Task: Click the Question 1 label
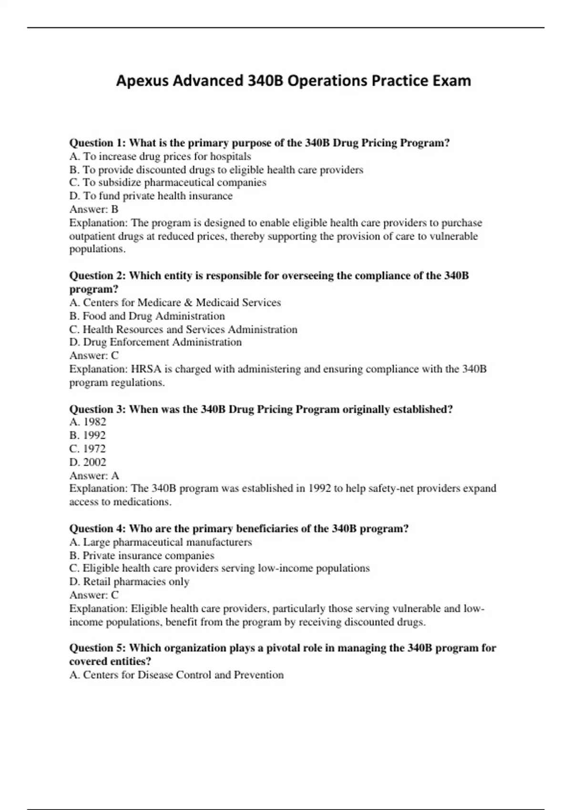pos(98,143)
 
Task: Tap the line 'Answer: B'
pos(94,209)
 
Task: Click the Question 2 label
pos(98,275)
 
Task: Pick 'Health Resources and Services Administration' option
pos(183,329)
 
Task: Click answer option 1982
pos(88,422)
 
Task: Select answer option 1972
pos(88,448)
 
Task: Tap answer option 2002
pos(88,462)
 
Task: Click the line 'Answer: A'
pos(94,475)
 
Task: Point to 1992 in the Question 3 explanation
pos(319,488)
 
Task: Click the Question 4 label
pos(98,528)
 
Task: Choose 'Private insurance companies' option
pos(142,555)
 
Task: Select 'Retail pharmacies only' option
pos(129,582)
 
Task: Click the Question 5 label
pos(98,648)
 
